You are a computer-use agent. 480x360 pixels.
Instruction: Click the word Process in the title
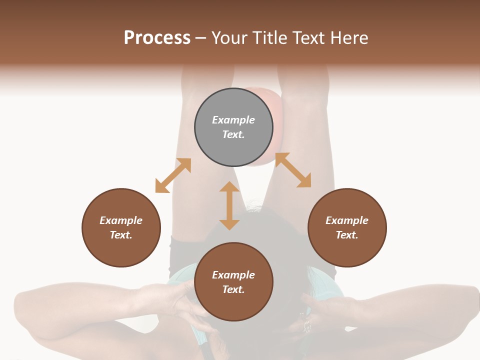click(x=157, y=38)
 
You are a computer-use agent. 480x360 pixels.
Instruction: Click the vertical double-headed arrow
click(x=229, y=205)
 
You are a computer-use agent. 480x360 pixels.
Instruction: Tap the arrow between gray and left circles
click(x=173, y=175)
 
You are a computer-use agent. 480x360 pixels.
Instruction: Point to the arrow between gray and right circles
click(x=293, y=170)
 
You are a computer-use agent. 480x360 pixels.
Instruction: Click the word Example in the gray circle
click(x=233, y=120)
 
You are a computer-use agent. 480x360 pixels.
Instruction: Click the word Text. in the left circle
click(x=121, y=235)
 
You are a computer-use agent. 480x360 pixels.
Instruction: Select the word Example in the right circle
click(x=347, y=220)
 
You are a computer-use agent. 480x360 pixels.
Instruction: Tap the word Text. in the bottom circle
click(x=233, y=289)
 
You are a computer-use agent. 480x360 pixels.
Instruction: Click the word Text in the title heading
click(x=308, y=38)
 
